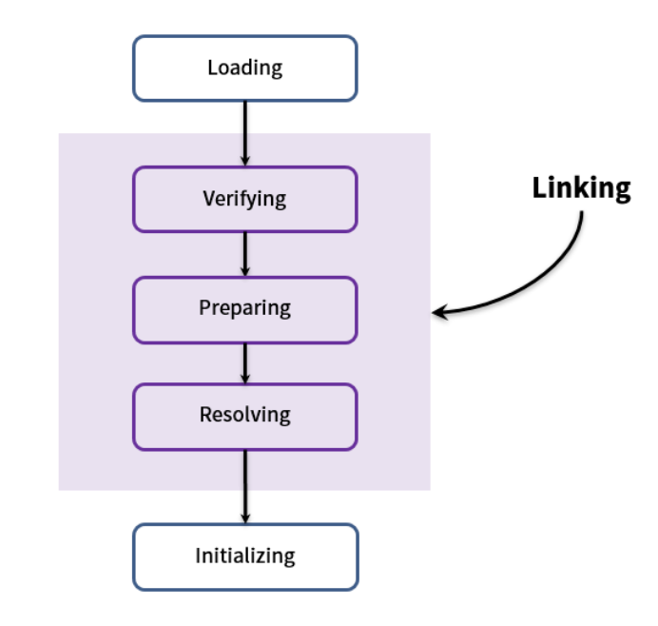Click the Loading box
tap(245, 68)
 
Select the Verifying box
tap(245, 200)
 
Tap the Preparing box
tap(245, 310)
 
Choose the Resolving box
tap(245, 417)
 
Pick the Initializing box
tap(245, 557)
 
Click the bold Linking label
tap(581, 188)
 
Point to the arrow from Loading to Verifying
tap(245, 133)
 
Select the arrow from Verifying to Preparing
tap(245, 254)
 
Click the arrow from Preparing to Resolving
tap(245, 363)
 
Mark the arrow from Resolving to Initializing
tap(245, 487)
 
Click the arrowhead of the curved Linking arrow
tap(440, 312)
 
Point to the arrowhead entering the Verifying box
tap(245, 161)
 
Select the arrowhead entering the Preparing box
tap(245, 271)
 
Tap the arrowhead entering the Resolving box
tap(245, 379)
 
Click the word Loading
tap(245, 68)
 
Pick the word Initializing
tap(245, 556)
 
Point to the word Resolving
tap(245, 415)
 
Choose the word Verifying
tap(244, 199)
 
